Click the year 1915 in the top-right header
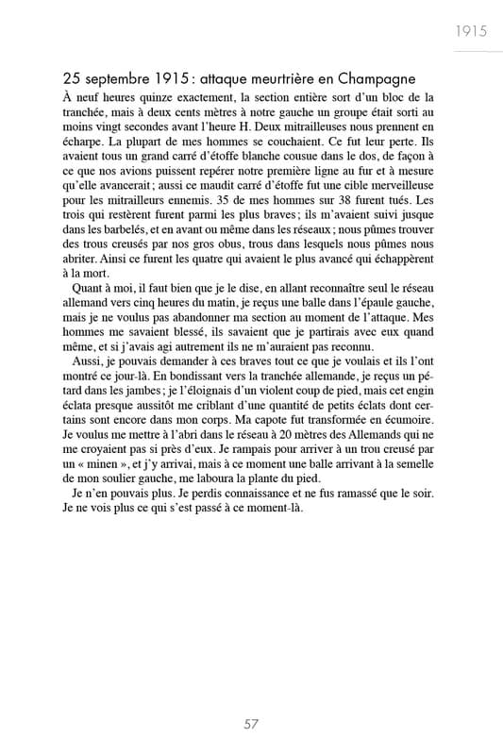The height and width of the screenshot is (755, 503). (469, 30)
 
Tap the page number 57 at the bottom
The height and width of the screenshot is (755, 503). (251, 724)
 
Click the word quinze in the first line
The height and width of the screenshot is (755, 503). (157, 97)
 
